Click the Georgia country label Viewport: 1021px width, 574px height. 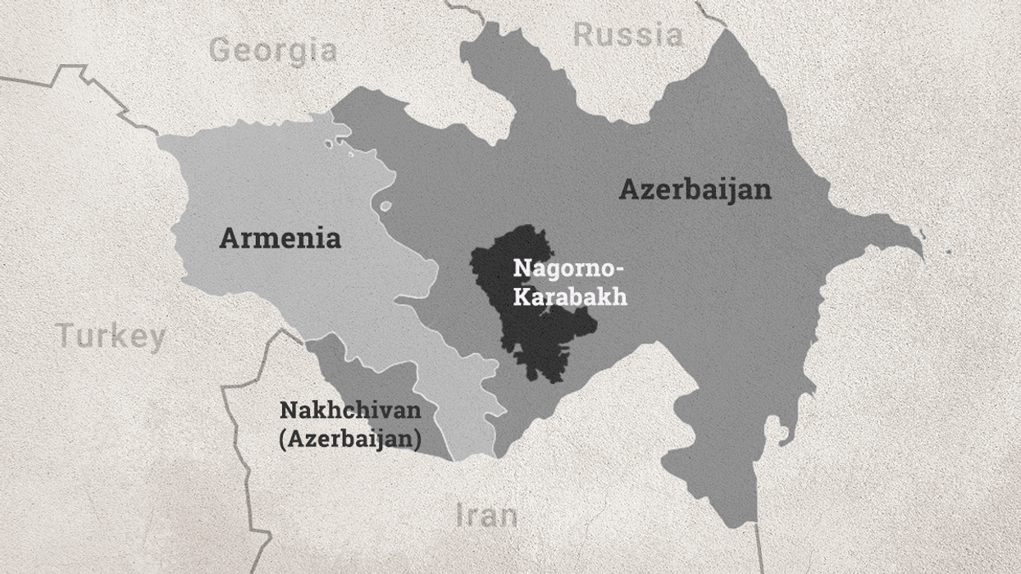(x=272, y=51)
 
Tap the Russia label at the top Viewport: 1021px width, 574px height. (x=627, y=35)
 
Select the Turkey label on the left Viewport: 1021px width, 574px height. (x=111, y=336)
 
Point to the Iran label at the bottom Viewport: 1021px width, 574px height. (x=486, y=515)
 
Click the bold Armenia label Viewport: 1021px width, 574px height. (x=280, y=239)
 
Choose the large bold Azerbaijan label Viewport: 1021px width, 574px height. (x=695, y=189)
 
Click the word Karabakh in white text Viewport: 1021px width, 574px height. (x=570, y=296)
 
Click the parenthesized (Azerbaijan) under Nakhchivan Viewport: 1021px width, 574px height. (x=350, y=439)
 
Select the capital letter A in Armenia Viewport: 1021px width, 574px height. (x=229, y=239)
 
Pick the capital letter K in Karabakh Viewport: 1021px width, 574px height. (x=521, y=296)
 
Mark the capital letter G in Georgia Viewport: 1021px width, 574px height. (x=221, y=51)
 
